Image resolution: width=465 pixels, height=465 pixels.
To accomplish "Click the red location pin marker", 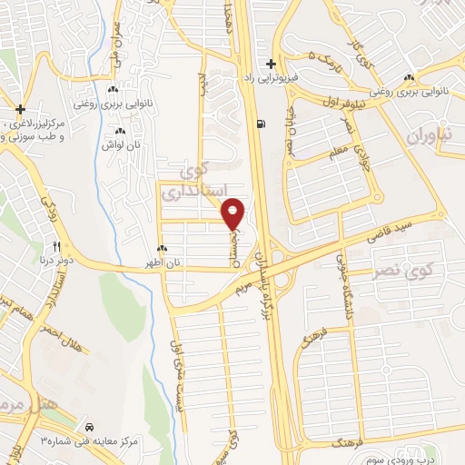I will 233,214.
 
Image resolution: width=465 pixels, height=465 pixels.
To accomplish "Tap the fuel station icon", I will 262,125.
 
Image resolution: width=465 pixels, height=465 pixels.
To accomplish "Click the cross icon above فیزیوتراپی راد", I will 271,64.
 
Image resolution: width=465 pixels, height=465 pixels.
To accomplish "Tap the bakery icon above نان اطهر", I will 163,249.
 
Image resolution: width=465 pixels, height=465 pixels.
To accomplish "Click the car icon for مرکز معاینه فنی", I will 88,427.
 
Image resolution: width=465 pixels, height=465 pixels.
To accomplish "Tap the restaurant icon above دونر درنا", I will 56,246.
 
